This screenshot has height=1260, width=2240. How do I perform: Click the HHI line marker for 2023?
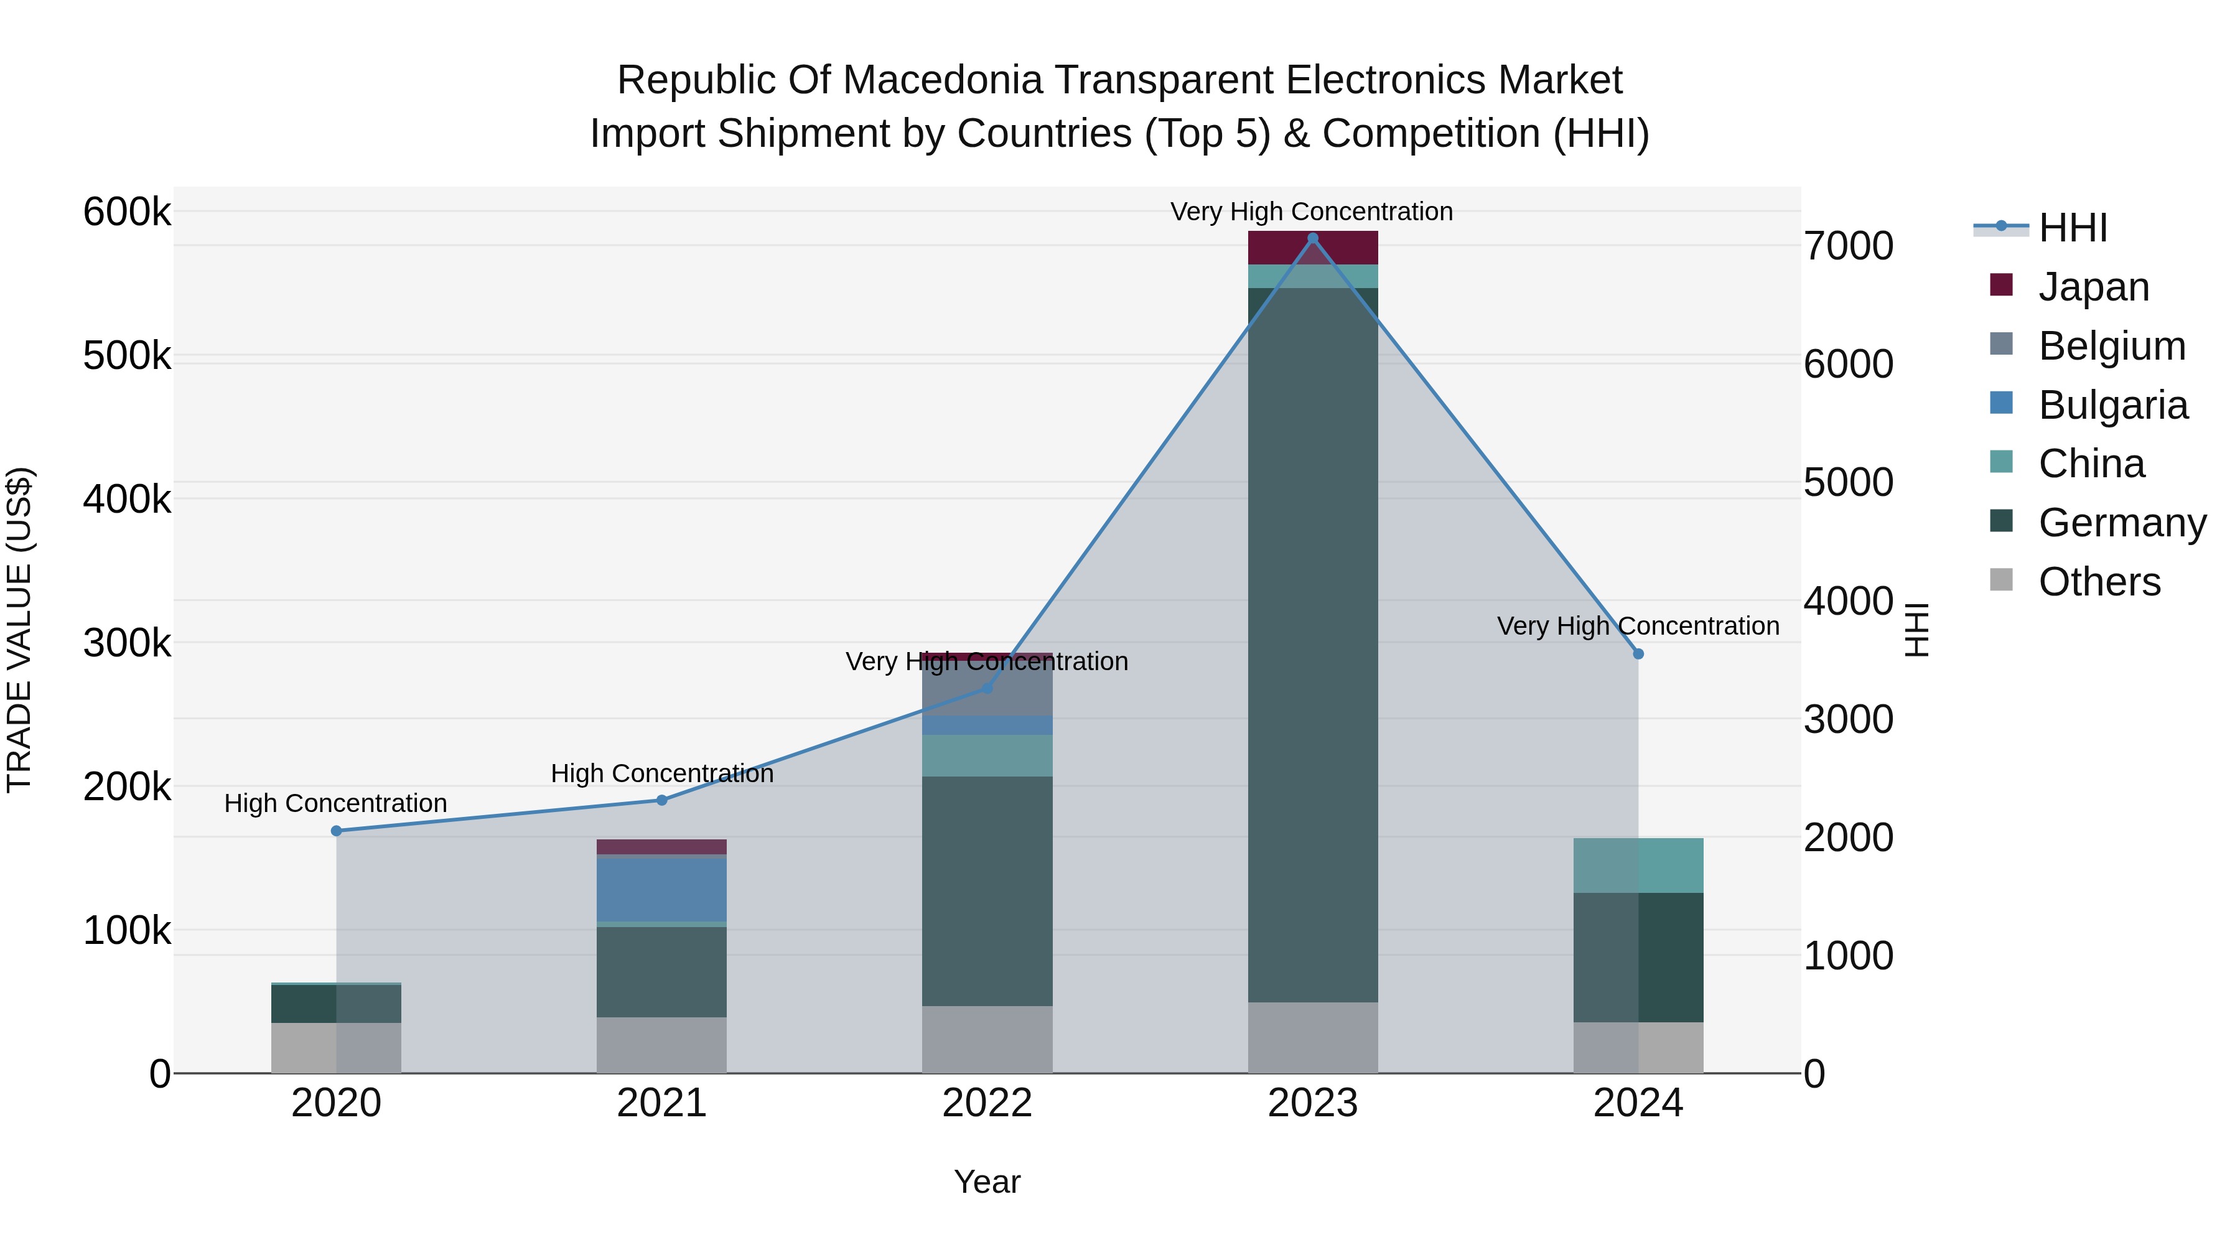coord(1313,238)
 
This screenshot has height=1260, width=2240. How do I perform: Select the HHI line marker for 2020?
coord(337,831)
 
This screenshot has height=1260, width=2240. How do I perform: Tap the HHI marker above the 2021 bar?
coord(662,800)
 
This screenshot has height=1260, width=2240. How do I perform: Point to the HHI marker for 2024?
coord(1638,654)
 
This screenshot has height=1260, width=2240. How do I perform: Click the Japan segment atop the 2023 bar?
coord(1313,248)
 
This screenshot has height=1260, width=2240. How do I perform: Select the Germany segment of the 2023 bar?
coord(1313,643)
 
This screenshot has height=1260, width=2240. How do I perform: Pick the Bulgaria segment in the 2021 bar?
coord(662,889)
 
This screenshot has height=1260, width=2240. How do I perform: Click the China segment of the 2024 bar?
coord(1638,866)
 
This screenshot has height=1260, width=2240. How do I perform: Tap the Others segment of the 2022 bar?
coord(987,1039)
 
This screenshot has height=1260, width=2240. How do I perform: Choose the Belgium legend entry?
coord(2111,346)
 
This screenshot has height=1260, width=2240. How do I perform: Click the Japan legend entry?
coord(2093,287)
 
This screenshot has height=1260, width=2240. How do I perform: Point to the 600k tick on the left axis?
coord(127,212)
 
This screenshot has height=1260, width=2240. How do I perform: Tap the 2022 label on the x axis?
coord(987,1103)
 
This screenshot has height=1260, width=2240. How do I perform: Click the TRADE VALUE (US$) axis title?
coord(19,630)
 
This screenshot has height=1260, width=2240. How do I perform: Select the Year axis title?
coord(987,1182)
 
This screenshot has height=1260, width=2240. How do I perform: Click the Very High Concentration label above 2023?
coord(1311,212)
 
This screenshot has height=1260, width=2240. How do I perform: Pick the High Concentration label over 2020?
coord(335,803)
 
